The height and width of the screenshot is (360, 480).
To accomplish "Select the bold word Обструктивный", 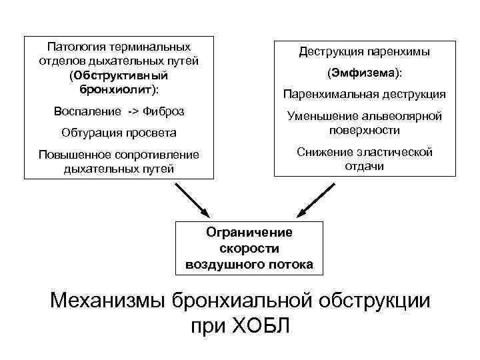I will click(x=123, y=74).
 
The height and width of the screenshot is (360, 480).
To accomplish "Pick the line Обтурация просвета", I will click(x=119, y=132).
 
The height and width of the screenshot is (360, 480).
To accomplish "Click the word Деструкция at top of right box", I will click(x=330, y=51).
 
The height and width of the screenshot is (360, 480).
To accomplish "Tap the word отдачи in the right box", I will click(x=364, y=166).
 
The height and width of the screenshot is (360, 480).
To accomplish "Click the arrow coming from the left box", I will click(x=193, y=201).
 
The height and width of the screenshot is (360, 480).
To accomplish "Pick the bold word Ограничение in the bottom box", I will click(x=249, y=233).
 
